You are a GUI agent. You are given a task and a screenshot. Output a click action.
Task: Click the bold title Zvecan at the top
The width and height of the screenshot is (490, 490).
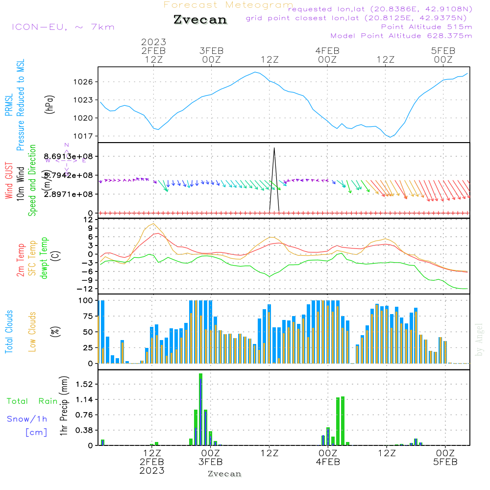click(x=200, y=20)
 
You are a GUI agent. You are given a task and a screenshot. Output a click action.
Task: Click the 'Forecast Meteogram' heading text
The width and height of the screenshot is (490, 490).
click(x=228, y=5)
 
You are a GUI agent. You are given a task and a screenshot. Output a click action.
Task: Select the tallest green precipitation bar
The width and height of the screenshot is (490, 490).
click(x=200, y=409)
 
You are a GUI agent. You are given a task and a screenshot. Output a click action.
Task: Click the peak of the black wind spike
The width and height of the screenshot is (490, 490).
click(x=274, y=147)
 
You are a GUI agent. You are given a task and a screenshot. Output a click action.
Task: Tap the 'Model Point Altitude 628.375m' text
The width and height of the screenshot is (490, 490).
click(x=401, y=36)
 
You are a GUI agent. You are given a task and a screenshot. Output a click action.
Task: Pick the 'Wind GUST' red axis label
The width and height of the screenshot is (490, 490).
click(x=9, y=181)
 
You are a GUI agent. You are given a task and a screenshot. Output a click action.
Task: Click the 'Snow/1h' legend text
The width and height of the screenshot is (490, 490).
click(x=27, y=419)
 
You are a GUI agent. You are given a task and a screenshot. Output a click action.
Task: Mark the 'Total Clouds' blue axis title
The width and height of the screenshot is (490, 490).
click(x=9, y=332)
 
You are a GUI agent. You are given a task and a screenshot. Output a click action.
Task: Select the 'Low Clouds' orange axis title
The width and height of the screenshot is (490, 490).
click(x=33, y=332)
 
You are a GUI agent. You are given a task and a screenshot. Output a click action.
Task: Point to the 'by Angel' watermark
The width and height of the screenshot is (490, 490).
click(x=479, y=340)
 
